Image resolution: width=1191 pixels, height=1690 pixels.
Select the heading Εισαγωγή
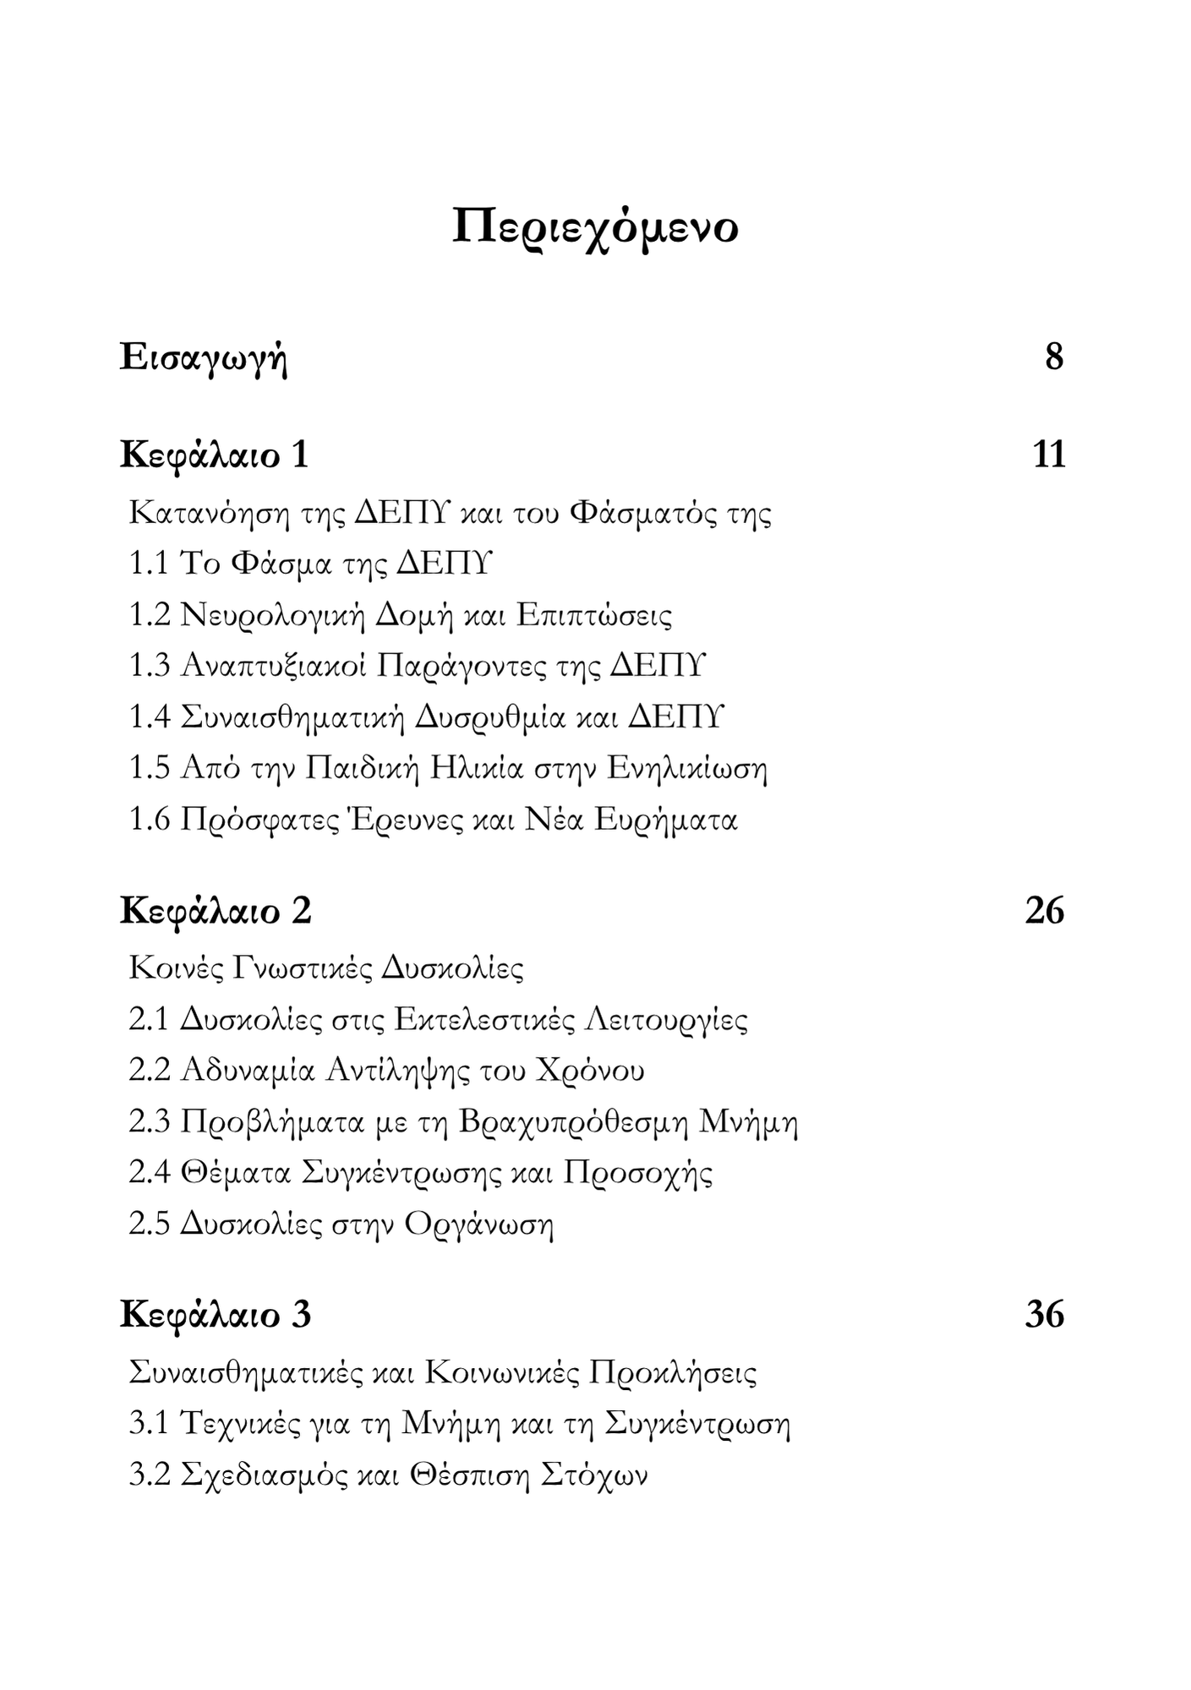click(x=204, y=357)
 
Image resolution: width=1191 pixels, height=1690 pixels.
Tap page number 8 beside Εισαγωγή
click(x=1053, y=357)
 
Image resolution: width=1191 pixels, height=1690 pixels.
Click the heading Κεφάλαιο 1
click(x=215, y=455)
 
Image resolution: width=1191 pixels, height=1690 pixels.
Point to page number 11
click(x=1048, y=455)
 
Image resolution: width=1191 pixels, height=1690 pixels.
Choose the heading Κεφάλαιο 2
click(x=216, y=911)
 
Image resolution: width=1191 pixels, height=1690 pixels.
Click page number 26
click(x=1044, y=911)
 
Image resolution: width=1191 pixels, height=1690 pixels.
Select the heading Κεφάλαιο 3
click(x=216, y=1316)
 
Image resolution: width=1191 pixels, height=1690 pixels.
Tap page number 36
click(x=1044, y=1316)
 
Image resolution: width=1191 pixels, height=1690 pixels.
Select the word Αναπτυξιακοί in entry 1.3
click(x=273, y=667)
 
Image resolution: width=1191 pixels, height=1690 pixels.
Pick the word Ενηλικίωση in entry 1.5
click(x=686, y=769)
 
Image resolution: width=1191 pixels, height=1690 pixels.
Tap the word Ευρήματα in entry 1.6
click(x=666, y=820)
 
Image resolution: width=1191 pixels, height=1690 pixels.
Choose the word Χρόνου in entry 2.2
click(x=590, y=1071)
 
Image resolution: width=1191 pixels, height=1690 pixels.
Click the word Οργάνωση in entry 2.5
click(x=478, y=1225)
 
